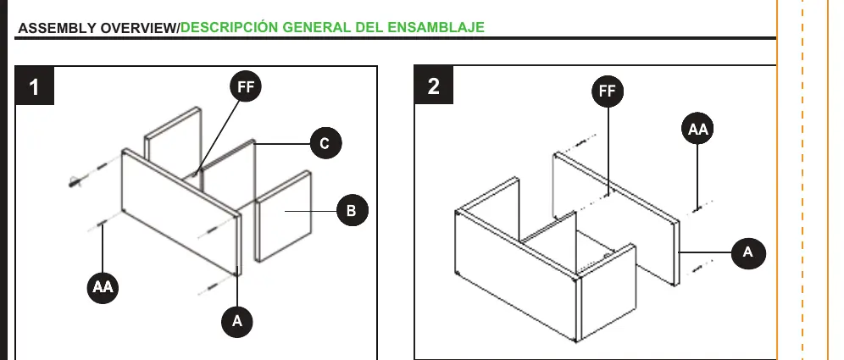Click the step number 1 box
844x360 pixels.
point(35,86)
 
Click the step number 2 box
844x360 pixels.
point(434,85)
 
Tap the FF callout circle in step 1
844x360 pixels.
point(246,86)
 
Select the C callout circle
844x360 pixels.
point(325,144)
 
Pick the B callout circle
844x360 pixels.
point(352,210)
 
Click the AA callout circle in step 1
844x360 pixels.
point(103,287)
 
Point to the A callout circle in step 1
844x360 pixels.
point(236,322)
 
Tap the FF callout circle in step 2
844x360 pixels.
point(608,91)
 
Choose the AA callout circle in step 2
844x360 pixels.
point(697,129)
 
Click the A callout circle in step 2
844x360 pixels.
point(748,252)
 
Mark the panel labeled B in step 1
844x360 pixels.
point(283,216)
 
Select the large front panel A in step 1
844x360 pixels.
point(181,212)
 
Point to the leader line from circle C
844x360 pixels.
point(282,144)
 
